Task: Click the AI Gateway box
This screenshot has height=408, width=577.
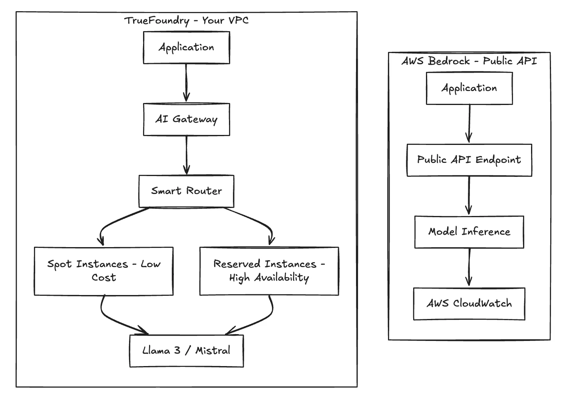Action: [x=186, y=119]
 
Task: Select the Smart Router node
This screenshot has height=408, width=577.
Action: [x=186, y=191]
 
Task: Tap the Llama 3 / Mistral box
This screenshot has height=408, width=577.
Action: [x=186, y=351]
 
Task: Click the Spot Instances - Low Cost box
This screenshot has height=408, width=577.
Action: [x=103, y=271]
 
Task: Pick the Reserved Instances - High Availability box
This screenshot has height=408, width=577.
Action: [x=269, y=271]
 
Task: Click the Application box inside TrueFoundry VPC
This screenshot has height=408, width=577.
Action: [x=186, y=48]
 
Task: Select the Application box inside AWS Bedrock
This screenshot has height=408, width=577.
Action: [x=469, y=88]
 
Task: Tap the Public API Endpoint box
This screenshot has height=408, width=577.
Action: [x=469, y=160]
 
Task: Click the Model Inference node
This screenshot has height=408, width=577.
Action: [x=469, y=232]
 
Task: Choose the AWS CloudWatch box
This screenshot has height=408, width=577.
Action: [x=469, y=304]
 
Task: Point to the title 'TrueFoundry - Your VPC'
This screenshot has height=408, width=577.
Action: [x=186, y=20]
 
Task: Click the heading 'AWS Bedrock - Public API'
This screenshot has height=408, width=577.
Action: [x=469, y=61]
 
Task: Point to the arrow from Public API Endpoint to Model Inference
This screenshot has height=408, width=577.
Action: [x=469, y=196]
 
